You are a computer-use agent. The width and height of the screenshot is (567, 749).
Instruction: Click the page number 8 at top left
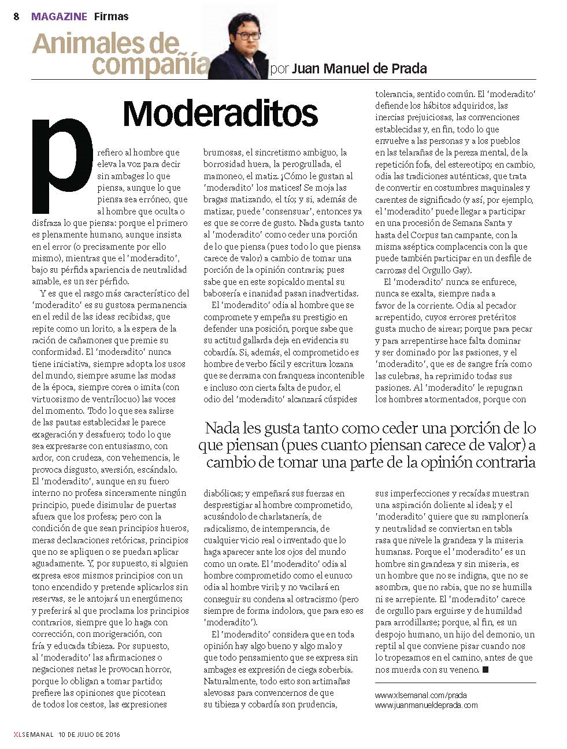17,17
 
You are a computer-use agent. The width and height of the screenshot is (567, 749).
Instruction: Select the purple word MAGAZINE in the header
60,17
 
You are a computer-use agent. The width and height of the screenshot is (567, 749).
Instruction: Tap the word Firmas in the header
111,17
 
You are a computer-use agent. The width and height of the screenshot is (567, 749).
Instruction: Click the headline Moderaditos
220,113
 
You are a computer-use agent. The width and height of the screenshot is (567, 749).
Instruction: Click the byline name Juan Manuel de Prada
360,69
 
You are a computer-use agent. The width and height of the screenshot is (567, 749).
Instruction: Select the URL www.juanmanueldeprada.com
427,705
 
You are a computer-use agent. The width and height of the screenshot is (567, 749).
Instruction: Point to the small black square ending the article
486,670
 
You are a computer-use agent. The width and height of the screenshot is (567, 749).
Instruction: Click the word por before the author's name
280,69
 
